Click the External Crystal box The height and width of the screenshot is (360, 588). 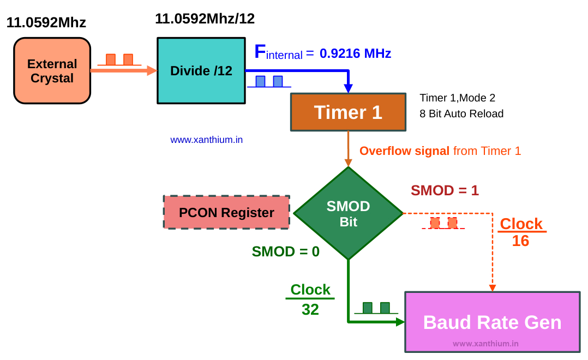(x=52, y=71)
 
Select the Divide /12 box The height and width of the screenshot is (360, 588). (x=201, y=70)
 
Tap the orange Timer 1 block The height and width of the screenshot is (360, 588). (x=348, y=112)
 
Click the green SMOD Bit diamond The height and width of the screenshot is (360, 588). (x=348, y=213)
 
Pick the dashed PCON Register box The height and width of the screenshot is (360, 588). (x=226, y=212)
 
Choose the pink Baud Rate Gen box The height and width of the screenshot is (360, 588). (x=492, y=322)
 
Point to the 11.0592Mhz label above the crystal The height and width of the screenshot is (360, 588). (x=46, y=23)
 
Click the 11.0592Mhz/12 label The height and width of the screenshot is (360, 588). (x=205, y=19)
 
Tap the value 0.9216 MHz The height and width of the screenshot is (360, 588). (x=355, y=53)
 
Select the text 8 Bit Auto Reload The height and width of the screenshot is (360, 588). (x=461, y=114)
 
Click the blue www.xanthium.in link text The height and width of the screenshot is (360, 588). (x=206, y=140)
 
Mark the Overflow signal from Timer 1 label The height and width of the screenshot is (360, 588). (x=440, y=151)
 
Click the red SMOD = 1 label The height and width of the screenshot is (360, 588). (x=445, y=190)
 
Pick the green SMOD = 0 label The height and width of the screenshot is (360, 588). (x=285, y=251)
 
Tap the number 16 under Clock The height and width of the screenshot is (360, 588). (x=520, y=241)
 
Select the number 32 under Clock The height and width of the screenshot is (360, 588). (x=310, y=310)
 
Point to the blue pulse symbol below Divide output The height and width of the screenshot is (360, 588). (x=269, y=82)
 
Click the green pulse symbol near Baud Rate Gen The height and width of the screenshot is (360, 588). (x=376, y=308)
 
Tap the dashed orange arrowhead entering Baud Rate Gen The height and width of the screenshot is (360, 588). (x=492, y=287)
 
